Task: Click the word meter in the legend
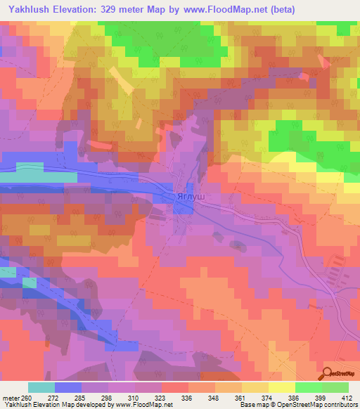pos(13,397)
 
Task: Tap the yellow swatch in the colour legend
pos(281,387)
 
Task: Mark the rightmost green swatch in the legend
pos(335,387)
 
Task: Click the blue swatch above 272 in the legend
pos(67,387)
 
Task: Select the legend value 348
pos(209,397)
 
